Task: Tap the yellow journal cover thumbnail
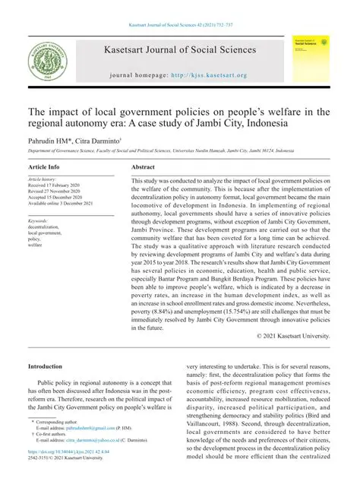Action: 312,58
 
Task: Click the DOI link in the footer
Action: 68,473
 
